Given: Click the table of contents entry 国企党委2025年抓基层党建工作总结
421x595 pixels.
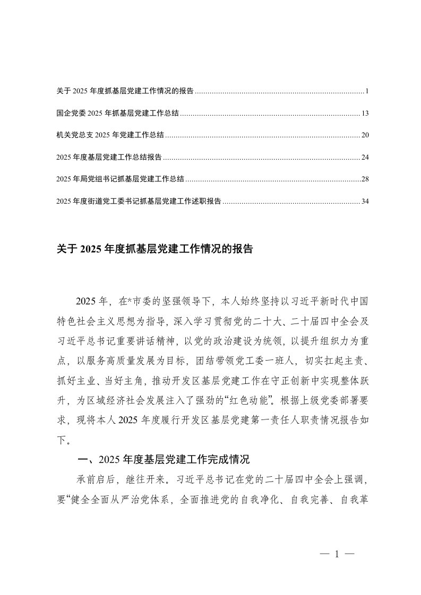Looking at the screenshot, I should coord(117,113).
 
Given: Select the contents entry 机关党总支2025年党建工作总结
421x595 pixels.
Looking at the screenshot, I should coord(110,135).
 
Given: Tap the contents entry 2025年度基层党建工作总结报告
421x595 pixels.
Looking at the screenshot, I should coord(109,157).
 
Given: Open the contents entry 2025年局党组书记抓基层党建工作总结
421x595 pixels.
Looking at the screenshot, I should coord(120,179).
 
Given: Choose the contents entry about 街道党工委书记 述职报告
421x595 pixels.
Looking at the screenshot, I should coord(139,202).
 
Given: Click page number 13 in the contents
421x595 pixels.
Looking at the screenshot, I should coord(365,113).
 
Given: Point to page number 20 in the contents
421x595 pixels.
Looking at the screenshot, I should coord(365,135).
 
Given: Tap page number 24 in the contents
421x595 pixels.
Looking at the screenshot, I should coord(365,157).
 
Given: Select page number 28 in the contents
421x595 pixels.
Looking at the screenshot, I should coord(365,179).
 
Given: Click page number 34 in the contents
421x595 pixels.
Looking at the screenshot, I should coord(365,202).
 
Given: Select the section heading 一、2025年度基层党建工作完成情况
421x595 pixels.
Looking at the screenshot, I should coord(164,459).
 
